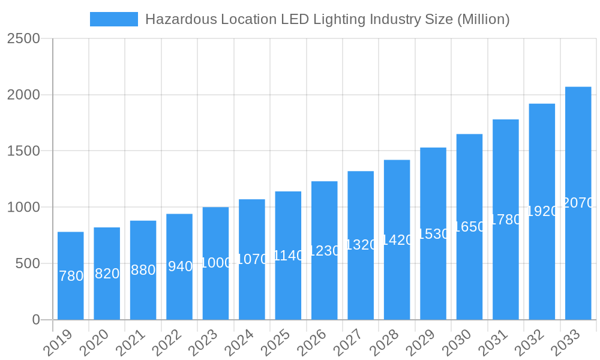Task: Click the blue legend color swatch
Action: coord(113,19)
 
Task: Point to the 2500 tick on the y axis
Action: coord(23,38)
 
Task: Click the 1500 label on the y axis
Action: coord(23,151)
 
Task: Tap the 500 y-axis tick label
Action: coord(29,263)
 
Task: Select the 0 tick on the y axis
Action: coord(36,320)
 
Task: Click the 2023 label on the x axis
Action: coord(203,344)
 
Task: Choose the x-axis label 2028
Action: coord(385,344)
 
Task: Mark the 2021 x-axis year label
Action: coord(131,344)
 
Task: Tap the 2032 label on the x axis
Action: coord(530,344)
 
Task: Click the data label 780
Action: coord(71,276)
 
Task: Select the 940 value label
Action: coord(179,266)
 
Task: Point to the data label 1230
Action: coord(325,251)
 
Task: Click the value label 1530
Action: coord(433,234)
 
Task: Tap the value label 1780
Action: coord(506,220)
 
